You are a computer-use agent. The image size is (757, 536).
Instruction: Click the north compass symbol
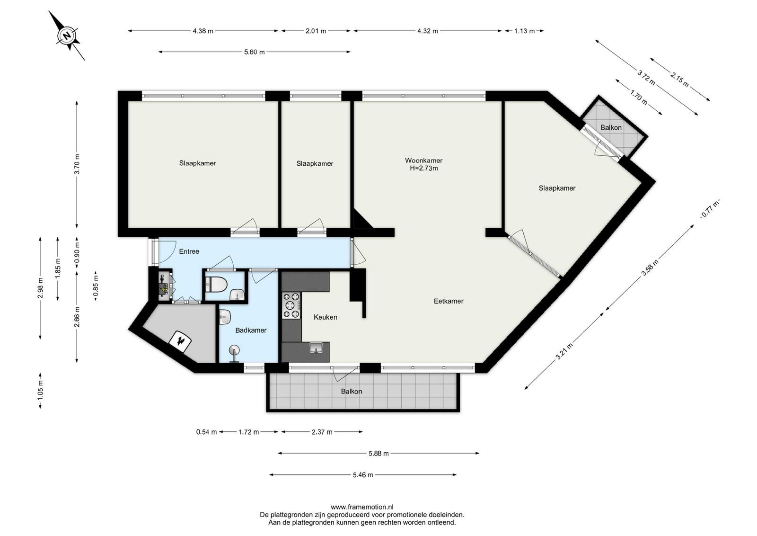68,36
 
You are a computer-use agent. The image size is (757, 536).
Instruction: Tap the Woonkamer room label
423,161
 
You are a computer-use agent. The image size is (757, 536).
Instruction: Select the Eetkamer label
449,301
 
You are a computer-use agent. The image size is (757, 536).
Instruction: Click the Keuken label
325,317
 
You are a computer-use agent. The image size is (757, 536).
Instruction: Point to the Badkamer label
251,331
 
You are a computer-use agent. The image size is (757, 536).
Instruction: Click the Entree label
189,251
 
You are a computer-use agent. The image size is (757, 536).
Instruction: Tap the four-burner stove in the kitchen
291,306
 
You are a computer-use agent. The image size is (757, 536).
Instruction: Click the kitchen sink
316,348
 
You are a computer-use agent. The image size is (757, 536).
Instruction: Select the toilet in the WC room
216,285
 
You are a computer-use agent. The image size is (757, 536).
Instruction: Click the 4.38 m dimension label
203,31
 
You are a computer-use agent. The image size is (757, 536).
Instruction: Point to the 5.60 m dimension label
254,52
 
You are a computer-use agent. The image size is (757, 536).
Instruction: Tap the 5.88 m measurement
378,454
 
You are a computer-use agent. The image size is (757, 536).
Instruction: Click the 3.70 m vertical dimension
77,164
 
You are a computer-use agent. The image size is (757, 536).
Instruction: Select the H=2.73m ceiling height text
424,169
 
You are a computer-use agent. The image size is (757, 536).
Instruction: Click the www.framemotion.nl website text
362,507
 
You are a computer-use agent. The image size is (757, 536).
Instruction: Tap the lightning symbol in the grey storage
181,341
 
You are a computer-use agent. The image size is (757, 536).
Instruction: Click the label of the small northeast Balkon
611,128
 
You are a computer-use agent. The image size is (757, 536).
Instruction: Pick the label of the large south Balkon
352,392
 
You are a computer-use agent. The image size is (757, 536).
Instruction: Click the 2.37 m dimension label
322,432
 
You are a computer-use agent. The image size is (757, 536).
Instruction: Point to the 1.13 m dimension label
525,31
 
